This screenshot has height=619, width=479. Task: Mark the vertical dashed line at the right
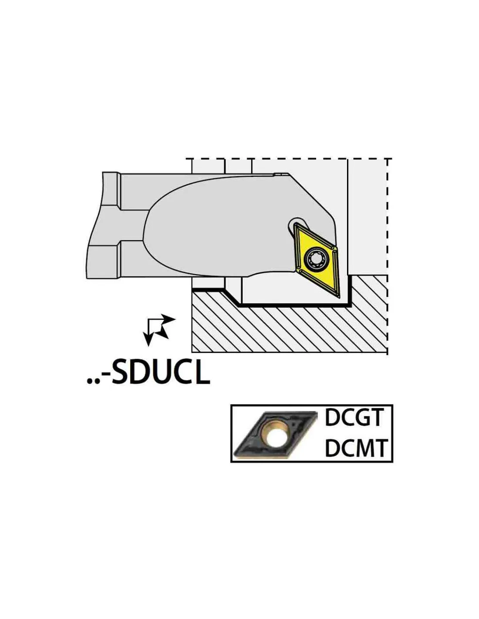[387, 256]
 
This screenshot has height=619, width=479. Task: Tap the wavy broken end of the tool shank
[94, 225]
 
